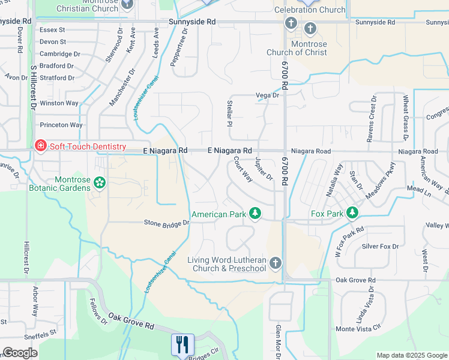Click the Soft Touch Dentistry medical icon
tap(40, 146)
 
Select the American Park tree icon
tap(255, 214)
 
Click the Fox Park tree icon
tap(352, 213)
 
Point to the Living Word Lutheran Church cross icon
tap(275, 263)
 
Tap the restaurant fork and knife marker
tap(182, 344)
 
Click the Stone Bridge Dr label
tap(166, 223)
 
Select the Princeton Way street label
tap(61, 125)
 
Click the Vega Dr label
tap(268, 95)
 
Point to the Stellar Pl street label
tap(229, 114)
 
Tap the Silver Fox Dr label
tap(380, 246)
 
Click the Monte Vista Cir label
tap(358, 329)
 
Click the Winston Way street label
tap(59, 103)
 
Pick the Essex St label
tap(52, 29)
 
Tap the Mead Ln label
tap(419, 188)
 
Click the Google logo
tap(20, 353)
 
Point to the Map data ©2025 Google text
tap(411, 355)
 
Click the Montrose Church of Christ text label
tap(297, 48)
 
